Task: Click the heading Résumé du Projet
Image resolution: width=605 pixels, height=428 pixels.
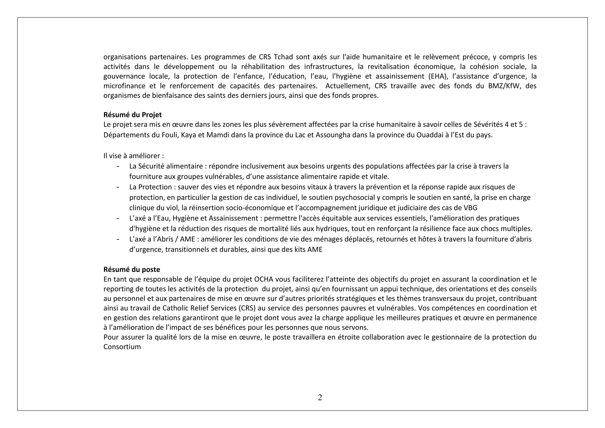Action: (132, 115)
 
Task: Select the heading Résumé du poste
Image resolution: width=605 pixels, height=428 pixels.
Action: (131, 270)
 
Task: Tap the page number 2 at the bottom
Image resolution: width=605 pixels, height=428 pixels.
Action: (320, 397)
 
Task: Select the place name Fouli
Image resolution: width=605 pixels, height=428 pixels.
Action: (168, 135)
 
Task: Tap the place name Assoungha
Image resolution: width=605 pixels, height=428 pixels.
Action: (333, 135)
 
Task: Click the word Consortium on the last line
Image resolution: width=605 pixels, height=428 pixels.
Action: (122, 346)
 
